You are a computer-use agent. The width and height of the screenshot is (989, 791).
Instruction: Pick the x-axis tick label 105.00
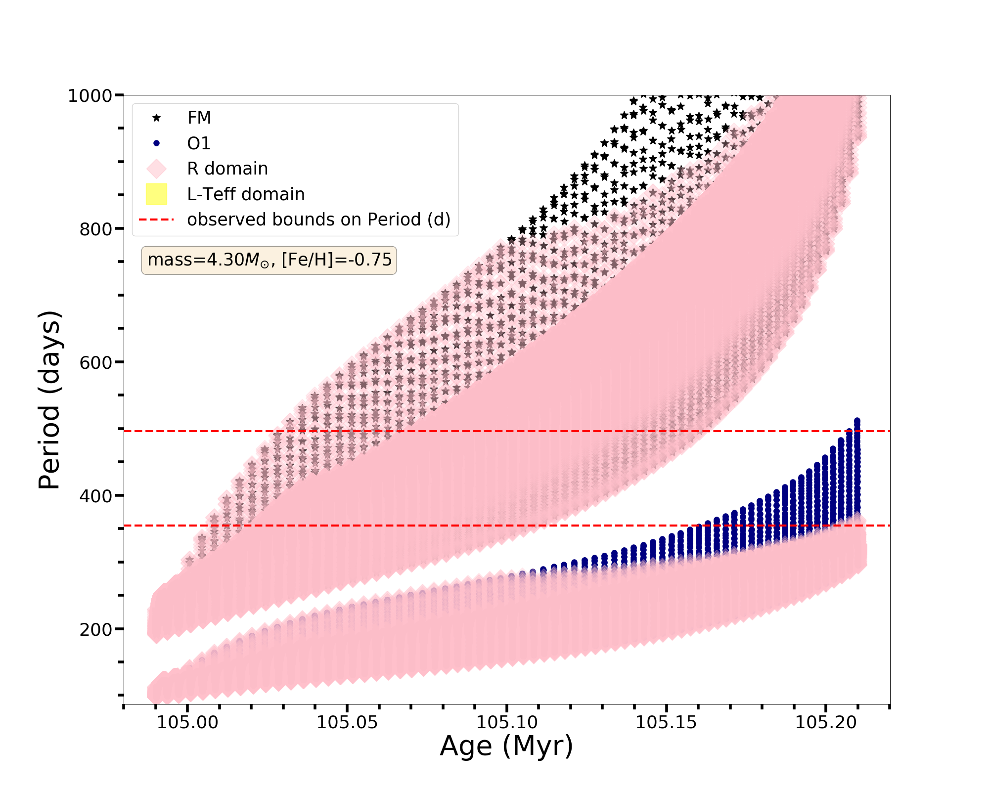[x=187, y=722]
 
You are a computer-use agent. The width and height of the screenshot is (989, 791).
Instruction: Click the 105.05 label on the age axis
[x=347, y=722]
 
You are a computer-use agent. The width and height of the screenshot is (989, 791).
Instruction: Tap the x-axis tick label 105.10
[x=507, y=722]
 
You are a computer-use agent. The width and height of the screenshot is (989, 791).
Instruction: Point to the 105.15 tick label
[x=666, y=722]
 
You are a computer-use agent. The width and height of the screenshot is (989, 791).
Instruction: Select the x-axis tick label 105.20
[x=826, y=722]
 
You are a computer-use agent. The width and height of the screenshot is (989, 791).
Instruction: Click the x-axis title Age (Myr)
[x=506, y=747]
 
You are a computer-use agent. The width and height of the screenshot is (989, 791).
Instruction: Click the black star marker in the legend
[x=156, y=118]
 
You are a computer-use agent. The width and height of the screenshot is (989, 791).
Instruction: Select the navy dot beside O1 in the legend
[x=156, y=143]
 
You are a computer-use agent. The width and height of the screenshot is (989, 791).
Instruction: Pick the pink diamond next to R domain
[x=156, y=169]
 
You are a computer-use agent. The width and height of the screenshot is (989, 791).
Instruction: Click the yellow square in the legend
[x=156, y=194]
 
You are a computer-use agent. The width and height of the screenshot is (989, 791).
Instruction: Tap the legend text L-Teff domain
[x=246, y=194]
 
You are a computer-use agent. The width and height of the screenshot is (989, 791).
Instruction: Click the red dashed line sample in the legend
[x=156, y=220]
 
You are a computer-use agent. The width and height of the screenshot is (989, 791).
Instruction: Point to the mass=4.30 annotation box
[x=269, y=260]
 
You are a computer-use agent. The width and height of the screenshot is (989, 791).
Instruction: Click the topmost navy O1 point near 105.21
[x=857, y=421]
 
